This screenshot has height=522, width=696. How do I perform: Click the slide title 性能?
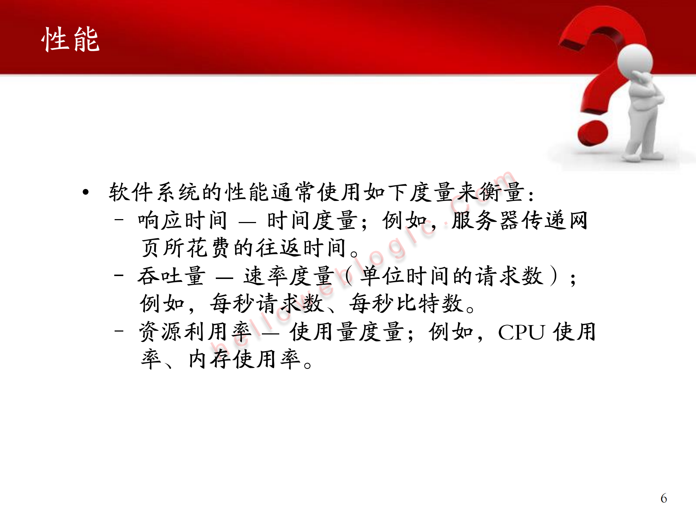click(70, 39)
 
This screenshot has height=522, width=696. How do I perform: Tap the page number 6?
click(663, 498)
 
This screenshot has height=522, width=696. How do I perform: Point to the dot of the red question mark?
click(592, 133)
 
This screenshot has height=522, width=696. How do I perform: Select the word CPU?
click(521, 332)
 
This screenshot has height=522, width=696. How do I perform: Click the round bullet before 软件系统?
click(86, 192)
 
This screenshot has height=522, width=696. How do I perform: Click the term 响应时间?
click(182, 220)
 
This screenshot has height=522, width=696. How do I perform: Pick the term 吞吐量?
click(171, 276)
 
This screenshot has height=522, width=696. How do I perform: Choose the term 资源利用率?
click(195, 332)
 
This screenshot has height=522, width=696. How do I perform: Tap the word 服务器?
click(487, 220)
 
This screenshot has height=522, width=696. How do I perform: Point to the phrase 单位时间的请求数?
click(452, 276)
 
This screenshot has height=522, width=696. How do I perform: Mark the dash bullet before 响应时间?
click(119, 219)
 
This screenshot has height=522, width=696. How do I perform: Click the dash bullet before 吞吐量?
click(119, 275)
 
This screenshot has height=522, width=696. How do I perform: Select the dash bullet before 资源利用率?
click(119, 331)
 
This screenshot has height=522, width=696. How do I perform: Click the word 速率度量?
click(289, 276)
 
